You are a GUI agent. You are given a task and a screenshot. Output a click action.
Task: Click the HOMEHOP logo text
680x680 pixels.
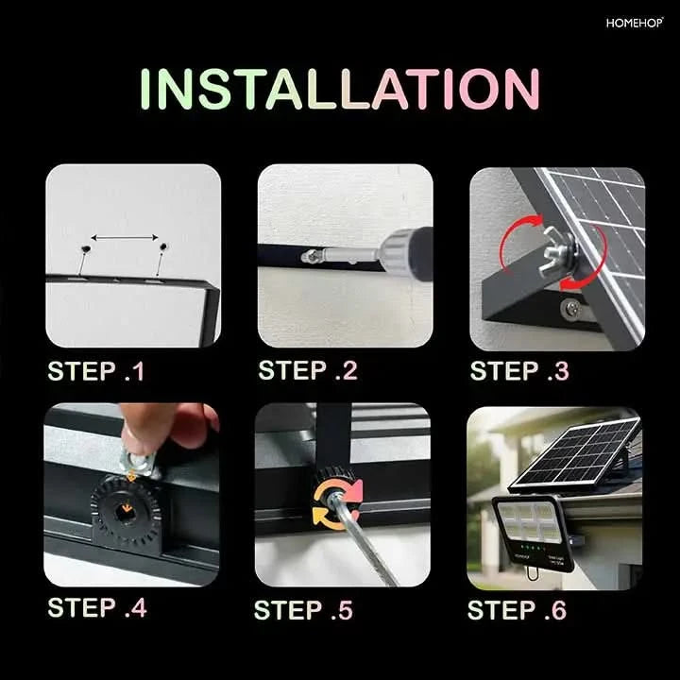tap(635, 23)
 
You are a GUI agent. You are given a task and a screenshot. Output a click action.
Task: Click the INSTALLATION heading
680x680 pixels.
tap(340, 89)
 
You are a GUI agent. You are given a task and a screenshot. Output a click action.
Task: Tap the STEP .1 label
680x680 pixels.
tap(95, 371)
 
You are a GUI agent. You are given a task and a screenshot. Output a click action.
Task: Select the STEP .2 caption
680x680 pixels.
tap(308, 370)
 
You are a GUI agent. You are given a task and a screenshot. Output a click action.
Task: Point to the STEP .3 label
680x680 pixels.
tap(519, 371)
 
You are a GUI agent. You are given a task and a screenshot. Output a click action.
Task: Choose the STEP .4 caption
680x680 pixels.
tap(97, 607)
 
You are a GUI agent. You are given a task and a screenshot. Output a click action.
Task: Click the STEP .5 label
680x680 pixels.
tap(303, 610)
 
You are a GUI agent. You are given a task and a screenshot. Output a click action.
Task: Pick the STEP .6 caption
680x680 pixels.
tap(517, 610)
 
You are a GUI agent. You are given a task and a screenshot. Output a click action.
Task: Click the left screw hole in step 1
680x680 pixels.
tap(86, 249)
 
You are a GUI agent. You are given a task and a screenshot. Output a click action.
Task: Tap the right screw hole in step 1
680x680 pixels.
tap(163, 247)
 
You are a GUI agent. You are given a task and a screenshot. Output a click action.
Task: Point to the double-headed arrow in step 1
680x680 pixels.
tap(125, 238)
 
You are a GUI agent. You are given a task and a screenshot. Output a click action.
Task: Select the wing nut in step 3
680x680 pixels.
tap(556, 255)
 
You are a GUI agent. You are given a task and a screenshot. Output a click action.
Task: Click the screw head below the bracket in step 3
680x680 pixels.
tap(570, 308)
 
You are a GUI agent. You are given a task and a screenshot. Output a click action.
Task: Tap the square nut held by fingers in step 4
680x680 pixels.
tap(139, 462)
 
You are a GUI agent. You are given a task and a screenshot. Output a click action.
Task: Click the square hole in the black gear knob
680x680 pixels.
tap(127, 514)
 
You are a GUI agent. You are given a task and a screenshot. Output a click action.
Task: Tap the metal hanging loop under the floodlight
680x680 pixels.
tap(532, 572)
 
